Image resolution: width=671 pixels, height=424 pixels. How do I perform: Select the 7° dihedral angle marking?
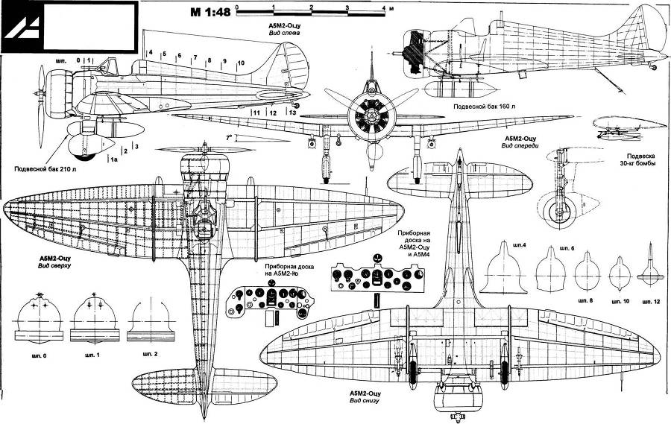click(x=230, y=137)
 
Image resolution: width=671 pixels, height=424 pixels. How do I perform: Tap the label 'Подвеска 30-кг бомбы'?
click(x=637, y=159)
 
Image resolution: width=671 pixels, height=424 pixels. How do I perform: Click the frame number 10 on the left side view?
click(x=241, y=63)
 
